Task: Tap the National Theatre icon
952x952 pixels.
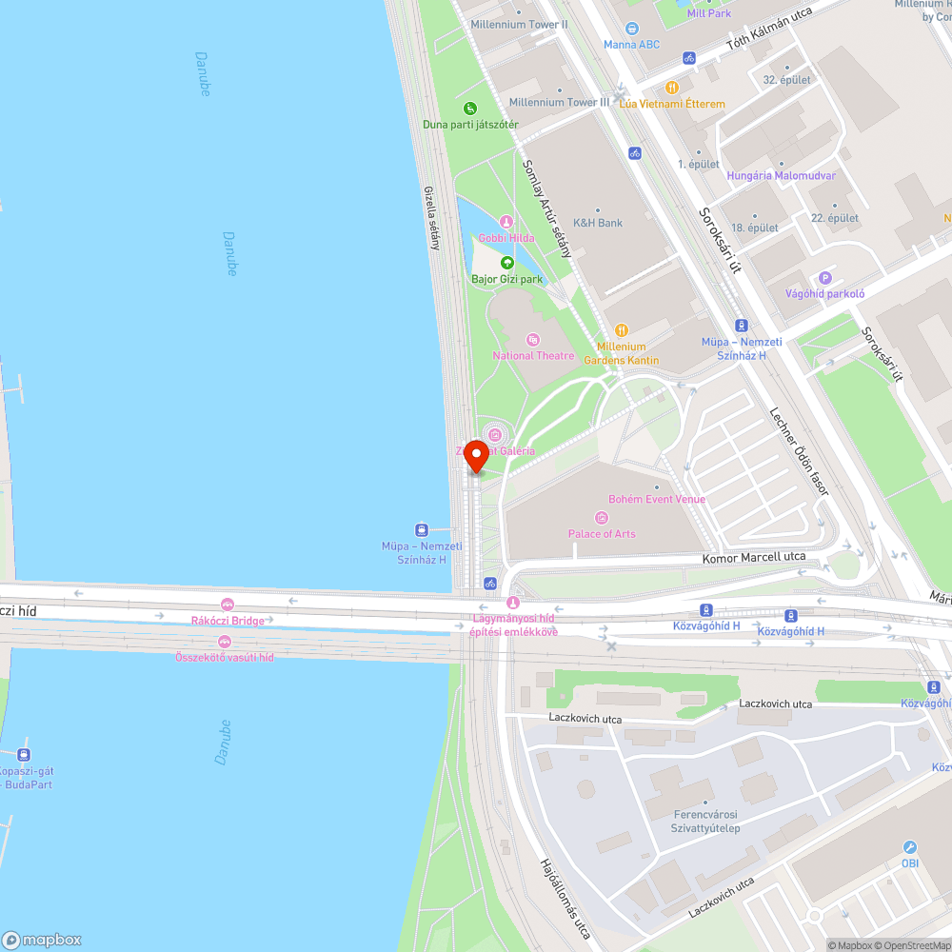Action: [x=533, y=339]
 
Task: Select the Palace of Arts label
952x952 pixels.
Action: [x=602, y=534]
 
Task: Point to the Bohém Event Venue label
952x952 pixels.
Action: [x=657, y=499]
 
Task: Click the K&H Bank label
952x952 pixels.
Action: [x=598, y=223]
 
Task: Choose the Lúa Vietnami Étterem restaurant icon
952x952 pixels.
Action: [x=673, y=87]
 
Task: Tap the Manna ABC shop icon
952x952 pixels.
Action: [x=632, y=29]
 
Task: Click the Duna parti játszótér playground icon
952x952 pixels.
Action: [x=470, y=108]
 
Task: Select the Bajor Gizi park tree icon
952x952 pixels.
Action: [x=507, y=263]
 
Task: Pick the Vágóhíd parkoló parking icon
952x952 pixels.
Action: [x=824, y=278]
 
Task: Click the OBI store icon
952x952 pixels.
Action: [x=910, y=847]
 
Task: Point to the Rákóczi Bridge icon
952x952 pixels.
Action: [x=227, y=605]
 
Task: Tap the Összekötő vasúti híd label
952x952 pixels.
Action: [x=225, y=657]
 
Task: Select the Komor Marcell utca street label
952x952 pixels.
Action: [x=754, y=557]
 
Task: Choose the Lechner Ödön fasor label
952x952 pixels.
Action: [x=799, y=451]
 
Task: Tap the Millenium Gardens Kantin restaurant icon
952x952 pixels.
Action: [x=621, y=330]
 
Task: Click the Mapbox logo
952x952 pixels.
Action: [x=42, y=940]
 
